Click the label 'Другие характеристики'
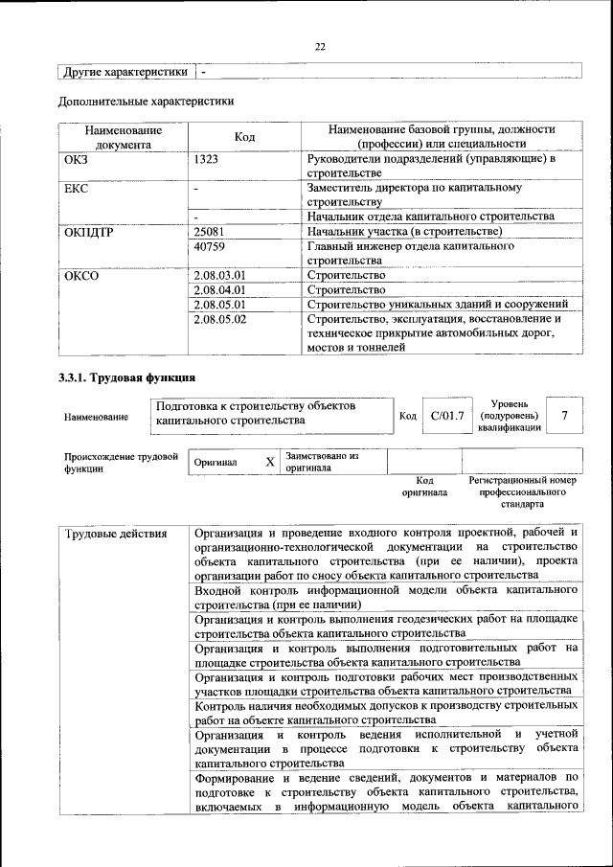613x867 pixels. [x=125, y=72]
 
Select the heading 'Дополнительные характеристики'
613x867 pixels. [x=146, y=100]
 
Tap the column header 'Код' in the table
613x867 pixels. [x=244, y=137]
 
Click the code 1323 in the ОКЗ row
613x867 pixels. [x=207, y=160]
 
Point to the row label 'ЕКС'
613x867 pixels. [x=76, y=190]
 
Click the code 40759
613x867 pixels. [x=208, y=246]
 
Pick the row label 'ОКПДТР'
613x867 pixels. [x=88, y=232]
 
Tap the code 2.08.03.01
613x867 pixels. [x=219, y=275]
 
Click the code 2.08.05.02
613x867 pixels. [x=219, y=318]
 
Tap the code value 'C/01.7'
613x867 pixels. [x=447, y=416]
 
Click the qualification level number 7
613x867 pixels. [x=565, y=416]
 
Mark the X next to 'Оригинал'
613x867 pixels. [x=270, y=462]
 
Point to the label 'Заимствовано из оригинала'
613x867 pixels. [x=321, y=462]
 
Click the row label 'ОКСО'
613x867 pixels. [x=81, y=275]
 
